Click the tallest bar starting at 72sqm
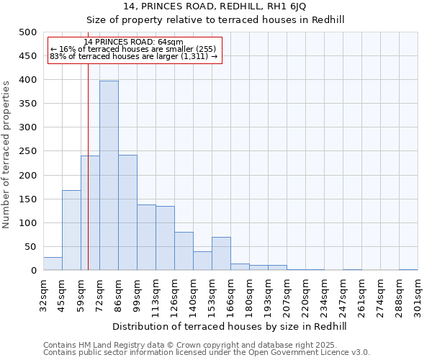point(109,176)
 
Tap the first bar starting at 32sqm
point(53,264)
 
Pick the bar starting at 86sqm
point(127,212)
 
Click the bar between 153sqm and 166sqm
point(221,253)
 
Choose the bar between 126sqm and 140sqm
point(184,251)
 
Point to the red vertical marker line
point(88,180)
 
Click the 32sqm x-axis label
point(43,294)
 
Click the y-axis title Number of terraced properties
point(6,154)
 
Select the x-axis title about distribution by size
point(230,326)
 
